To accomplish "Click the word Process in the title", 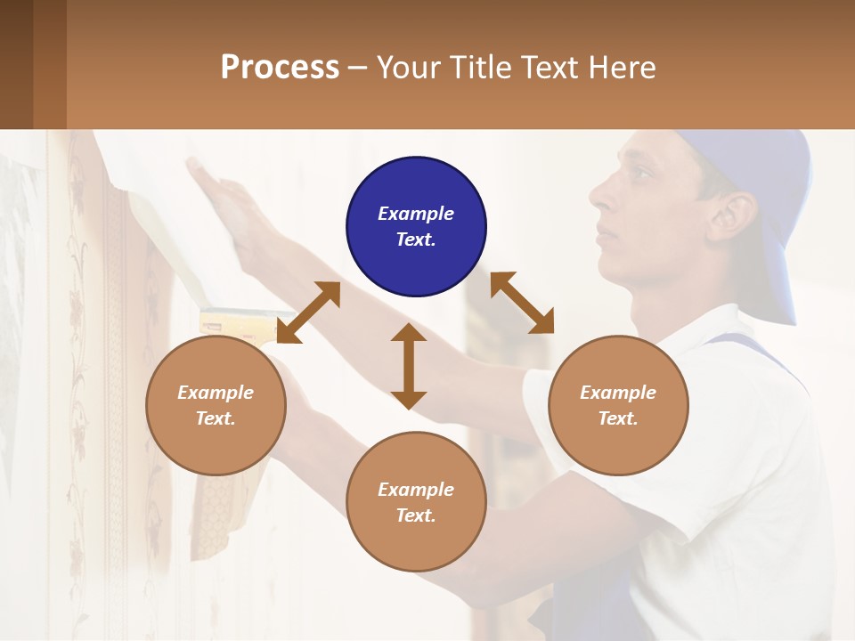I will (280, 68).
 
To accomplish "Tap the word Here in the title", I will (620, 68).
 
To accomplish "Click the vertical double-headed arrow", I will (409, 366).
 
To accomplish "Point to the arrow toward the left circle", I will (308, 312).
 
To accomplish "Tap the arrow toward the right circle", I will (522, 303).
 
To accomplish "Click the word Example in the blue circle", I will (416, 214).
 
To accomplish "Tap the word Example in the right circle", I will (618, 393).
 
